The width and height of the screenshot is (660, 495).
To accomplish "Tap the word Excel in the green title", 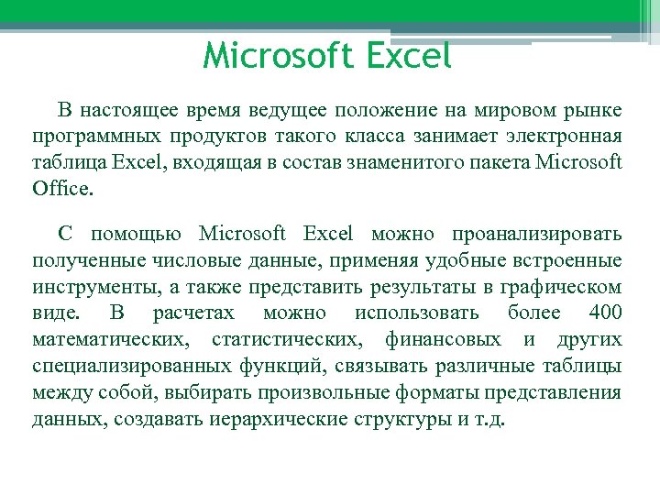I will [x=408, y=56].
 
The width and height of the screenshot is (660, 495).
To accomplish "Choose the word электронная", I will [x=566, y=137].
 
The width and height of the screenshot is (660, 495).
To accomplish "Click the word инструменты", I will [x=95, y=287].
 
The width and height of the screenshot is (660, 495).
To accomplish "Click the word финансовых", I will [x=456, y=340].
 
